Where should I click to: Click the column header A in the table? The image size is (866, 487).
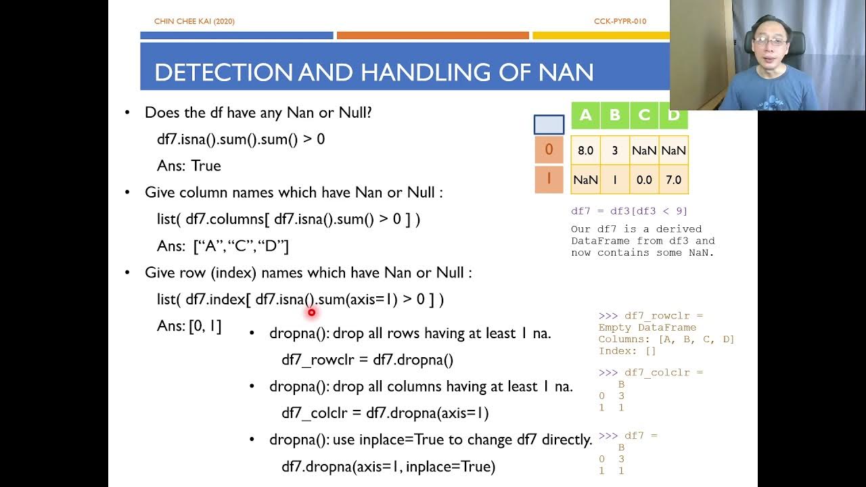585,115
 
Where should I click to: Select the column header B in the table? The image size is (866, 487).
615,115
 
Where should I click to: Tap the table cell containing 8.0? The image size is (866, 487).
585,151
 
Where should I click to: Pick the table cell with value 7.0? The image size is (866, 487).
673,180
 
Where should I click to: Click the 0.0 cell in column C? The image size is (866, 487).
644,180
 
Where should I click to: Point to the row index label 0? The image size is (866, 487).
549,149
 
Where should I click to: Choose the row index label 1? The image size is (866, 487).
549,179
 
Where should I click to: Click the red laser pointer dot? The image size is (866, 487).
311,312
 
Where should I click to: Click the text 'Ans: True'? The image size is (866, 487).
189,166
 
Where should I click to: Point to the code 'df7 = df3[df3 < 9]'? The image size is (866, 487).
629,211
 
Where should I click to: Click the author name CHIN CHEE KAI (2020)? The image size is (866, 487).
194,22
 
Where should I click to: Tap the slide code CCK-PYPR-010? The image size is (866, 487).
620,22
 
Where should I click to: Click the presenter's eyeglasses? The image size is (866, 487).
769,42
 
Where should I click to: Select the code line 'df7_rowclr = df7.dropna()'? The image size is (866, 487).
367,360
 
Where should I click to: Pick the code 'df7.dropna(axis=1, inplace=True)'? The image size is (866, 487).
388,467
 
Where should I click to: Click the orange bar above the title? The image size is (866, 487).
432,35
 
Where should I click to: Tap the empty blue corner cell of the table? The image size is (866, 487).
549,124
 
